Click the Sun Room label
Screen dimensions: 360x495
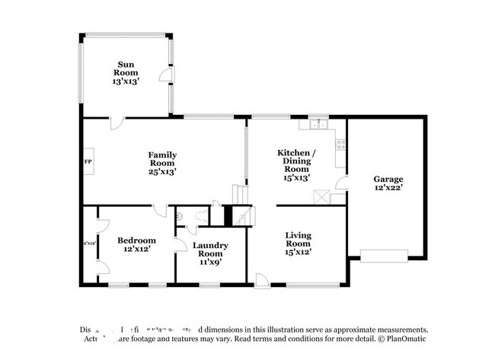[x=126, y=72]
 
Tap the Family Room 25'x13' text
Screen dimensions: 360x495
[x=162, y=163]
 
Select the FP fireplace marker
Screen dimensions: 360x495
[x=87, y=163]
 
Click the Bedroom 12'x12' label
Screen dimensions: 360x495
[x=136, y=244]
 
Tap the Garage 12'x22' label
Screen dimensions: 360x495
[x=388, y=183]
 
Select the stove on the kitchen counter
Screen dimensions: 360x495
[x=341, y=142]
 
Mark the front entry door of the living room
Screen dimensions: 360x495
[x=261, y=279]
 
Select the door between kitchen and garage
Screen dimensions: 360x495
[x=342, y=183]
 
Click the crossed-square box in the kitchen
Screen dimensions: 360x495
[x=323, y=196]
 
